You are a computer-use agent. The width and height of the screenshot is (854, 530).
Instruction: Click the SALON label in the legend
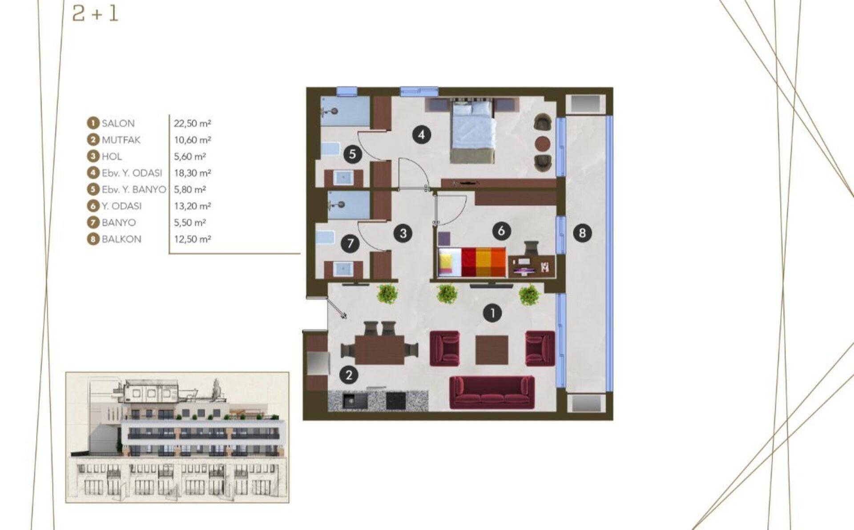tap(118, 123)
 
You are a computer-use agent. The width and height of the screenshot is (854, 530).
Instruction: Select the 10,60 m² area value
tap(192, 140)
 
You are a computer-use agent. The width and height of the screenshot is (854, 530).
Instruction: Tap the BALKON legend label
tap(121, 239)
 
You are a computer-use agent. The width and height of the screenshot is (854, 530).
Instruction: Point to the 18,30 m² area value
tap(192, 173)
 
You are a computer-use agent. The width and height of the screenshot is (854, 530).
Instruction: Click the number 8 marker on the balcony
tap(582, 232)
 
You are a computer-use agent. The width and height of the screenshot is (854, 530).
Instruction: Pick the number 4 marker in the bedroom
tap(421, 134)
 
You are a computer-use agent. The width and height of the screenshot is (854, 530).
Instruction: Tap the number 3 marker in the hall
tap(403, 233)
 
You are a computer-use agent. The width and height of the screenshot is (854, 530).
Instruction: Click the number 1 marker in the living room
tap(492, 313)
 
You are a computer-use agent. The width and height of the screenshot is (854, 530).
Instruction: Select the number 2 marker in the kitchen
tap(349, 375)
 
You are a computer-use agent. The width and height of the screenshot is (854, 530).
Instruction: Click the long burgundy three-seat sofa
tap(492, 392)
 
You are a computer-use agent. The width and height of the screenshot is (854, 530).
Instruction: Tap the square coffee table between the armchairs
tap(492, 350)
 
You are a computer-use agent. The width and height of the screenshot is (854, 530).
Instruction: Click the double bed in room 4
tap(472, 132)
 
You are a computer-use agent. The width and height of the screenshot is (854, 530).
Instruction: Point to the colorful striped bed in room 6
tap(472, 262)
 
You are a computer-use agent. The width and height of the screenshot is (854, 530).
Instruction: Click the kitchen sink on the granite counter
tap(354, 401)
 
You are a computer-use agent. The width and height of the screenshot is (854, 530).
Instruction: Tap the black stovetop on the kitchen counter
tap(396, 401)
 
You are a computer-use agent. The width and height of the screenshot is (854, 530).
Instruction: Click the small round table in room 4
tap(543, 143)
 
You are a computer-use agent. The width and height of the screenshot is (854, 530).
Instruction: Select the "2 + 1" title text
tap(95, 14)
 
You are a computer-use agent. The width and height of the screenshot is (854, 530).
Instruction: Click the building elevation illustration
tap(177, 437)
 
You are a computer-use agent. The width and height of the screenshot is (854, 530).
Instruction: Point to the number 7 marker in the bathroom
tap(350, 243)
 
